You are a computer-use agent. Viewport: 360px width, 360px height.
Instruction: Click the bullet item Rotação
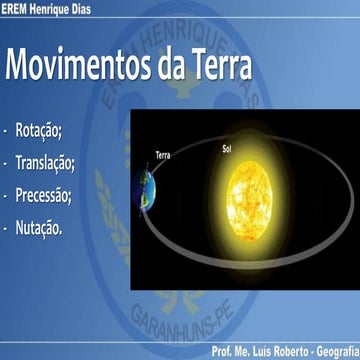coord(40,132)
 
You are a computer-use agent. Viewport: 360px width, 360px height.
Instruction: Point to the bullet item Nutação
coord(40,228)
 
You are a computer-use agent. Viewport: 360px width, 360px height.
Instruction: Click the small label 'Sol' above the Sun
coord(227,149)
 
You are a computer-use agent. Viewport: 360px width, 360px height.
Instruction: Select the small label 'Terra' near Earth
coord(164,155)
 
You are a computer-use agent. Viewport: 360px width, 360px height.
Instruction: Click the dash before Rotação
coord(6,132)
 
